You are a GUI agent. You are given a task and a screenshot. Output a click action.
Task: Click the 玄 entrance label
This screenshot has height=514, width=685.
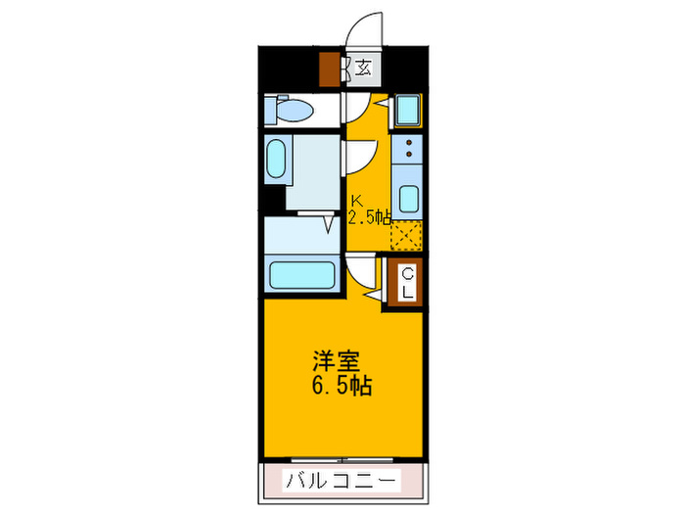click(x=364, y=68)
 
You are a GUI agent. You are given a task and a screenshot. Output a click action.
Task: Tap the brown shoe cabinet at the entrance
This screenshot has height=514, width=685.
click(x=328, y=70)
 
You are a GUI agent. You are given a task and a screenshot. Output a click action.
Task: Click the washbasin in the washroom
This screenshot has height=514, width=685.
click(x=277, y=160)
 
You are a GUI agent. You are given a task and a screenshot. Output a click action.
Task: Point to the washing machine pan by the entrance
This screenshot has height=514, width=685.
click(x=406, y=111)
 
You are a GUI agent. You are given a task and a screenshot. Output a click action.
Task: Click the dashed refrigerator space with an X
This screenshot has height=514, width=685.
click(x=405, y=236)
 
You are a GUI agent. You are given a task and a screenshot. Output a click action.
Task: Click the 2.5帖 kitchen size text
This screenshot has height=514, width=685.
click(x=369, y=216)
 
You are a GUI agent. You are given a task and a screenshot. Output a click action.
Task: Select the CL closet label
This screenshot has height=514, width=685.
click(x=405, y=282)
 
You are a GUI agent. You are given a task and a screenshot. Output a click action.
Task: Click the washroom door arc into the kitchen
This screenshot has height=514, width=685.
click(x=359, y=155)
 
